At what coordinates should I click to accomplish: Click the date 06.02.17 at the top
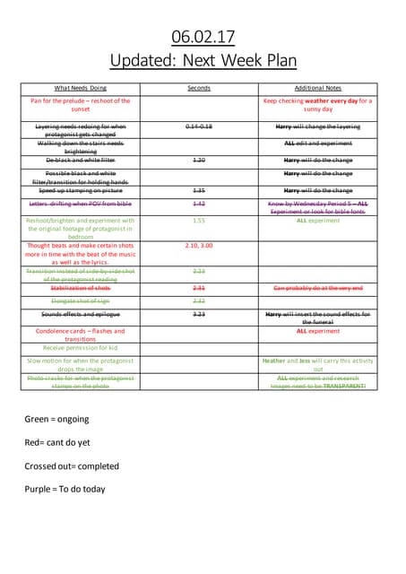tap(203, 37)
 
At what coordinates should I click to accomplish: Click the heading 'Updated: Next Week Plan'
tap(203, 60)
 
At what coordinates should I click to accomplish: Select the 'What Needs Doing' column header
tap(81, 88)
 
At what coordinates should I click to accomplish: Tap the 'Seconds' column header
tap(199, 88)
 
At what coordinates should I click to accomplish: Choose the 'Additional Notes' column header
tap(317, 88)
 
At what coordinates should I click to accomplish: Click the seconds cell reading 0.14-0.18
tap(199, 126)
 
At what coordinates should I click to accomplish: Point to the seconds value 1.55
tap(199, 220)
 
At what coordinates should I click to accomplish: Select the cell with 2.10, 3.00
tap(199, 245)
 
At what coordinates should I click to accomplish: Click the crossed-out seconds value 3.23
tap(199, 315)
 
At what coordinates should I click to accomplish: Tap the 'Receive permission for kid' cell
tap(81, 347)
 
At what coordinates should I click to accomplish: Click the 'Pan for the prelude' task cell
tap(81, 105)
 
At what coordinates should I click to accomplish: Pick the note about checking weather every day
tap(317, 105)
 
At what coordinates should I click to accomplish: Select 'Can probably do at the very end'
tap(317, 288)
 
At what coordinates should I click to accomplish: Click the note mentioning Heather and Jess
tap(317, 364)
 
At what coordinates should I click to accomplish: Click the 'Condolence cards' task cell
tap(81, 335)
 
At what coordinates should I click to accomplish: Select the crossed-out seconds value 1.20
tap(199, 160)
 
